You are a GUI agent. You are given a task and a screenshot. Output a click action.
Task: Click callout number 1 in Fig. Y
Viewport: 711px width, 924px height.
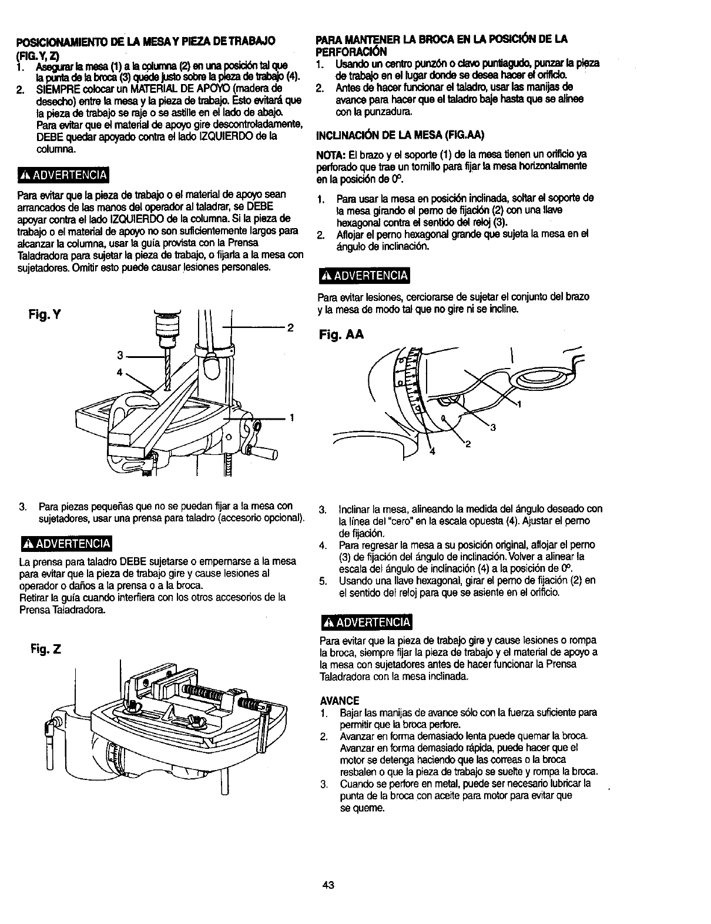pos(291,417)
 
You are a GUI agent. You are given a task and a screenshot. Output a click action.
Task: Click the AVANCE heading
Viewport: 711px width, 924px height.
pos(340,701)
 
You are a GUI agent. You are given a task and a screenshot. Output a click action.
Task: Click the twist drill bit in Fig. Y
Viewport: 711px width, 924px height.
pos(167,367)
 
